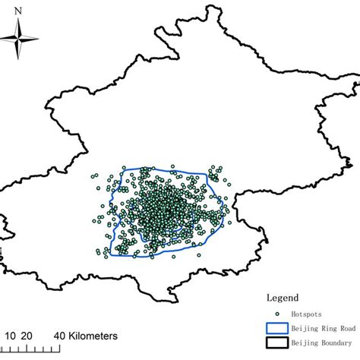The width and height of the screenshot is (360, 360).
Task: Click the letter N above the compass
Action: click(20, 11)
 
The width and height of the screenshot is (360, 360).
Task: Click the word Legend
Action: click(283, 298)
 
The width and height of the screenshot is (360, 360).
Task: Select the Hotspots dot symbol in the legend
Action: click(277, 314)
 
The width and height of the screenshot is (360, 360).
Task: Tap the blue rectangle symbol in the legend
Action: click(277, 328)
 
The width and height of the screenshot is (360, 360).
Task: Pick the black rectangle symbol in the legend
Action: click(277, 344)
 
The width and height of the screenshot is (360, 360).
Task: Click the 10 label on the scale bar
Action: click(11, 335)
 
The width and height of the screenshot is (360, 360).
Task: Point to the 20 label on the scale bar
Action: click(27, 335)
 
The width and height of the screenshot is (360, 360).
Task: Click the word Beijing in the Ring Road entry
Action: click(303, 328)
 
